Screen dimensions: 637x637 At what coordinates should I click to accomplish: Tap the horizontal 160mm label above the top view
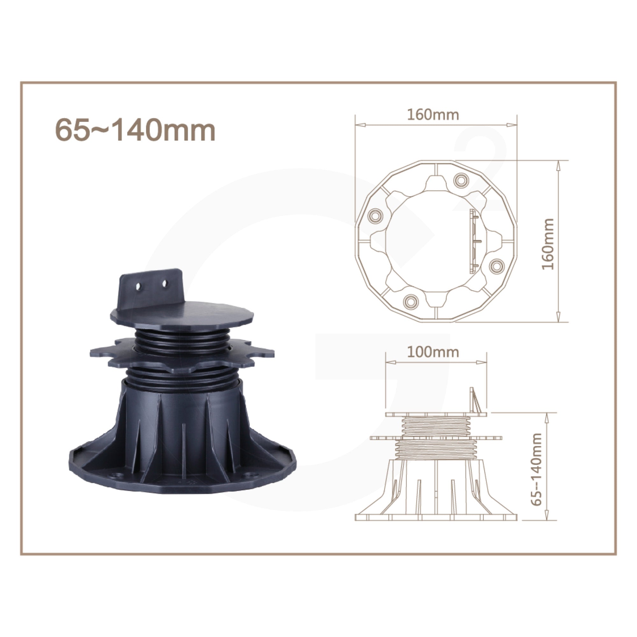pos(433,115)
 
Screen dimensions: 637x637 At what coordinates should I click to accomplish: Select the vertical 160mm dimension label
pos(548,244)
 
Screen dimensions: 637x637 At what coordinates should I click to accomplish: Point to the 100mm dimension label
pos(433,352)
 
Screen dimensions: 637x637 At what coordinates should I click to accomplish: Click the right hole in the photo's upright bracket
pos(165,283)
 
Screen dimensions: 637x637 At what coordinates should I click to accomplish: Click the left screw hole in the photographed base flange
pos(116,476)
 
